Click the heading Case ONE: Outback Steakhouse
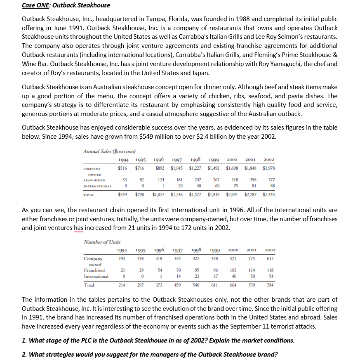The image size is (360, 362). [x=66, y=5]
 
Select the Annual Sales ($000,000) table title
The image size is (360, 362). [x=109, y=151]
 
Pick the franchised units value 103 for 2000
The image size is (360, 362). [x=233, y=270]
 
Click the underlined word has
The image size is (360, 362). [x=78, y=228]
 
